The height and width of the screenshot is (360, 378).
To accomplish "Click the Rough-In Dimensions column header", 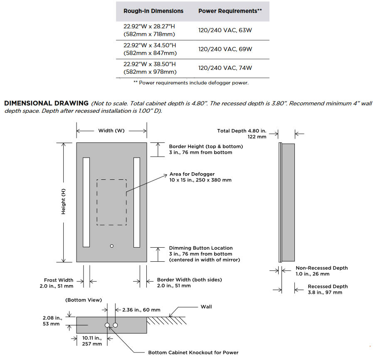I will pos(153,11).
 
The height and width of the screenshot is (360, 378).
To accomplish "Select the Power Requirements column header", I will pos(230,11).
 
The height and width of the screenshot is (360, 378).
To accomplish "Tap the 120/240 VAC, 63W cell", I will pos(225,30).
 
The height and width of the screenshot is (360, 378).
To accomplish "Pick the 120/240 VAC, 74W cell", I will pos(225,68).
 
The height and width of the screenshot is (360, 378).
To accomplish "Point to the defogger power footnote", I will pos(191,82).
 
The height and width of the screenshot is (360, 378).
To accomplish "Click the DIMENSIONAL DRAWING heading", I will pos(46,103).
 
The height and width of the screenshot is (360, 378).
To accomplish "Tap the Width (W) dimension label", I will pos(111,131).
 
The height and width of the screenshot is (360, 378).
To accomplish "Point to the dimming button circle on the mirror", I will pos(111,246).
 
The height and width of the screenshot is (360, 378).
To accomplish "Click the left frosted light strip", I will pos(86,203).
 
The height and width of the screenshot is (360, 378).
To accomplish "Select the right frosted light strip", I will pos(136,203).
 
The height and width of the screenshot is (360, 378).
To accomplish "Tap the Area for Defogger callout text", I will pos(200,177).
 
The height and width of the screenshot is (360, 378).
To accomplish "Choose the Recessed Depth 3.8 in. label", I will pos(328,289).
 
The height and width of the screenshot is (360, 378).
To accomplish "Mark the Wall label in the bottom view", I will pos(206,307).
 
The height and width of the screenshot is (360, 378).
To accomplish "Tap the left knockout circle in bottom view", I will pos(107,325).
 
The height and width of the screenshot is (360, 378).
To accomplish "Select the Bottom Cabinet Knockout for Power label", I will pos(193,353).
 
